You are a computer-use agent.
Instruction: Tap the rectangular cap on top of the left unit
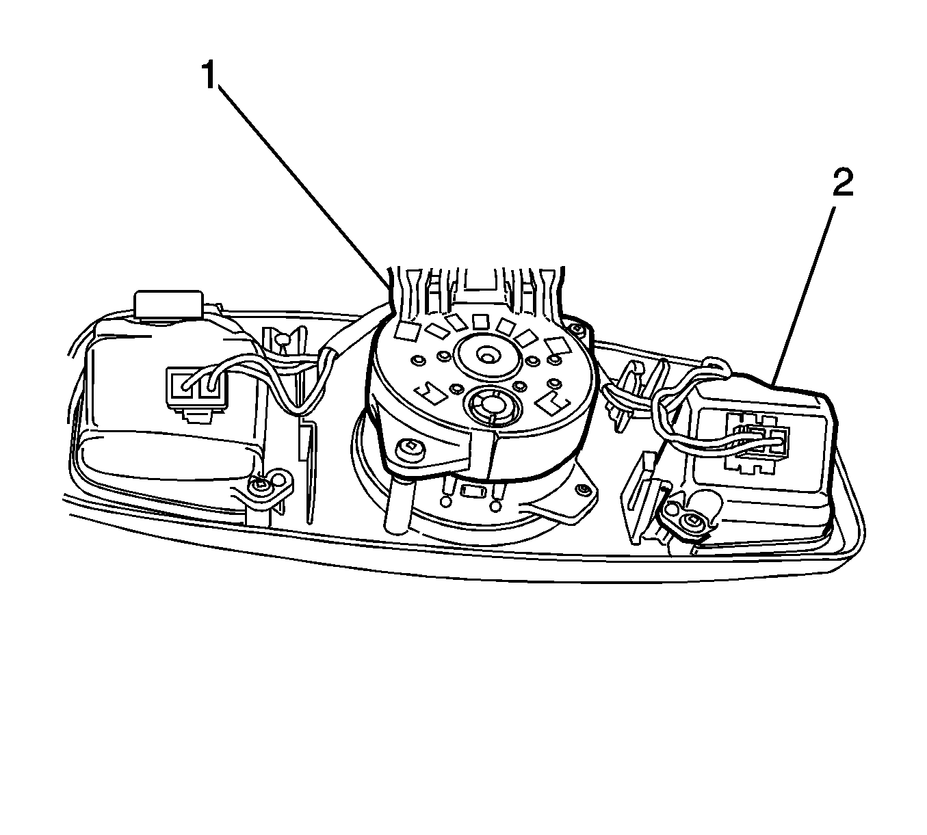(x=168, y=304)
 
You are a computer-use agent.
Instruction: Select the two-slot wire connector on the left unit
(x=197, y=387)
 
